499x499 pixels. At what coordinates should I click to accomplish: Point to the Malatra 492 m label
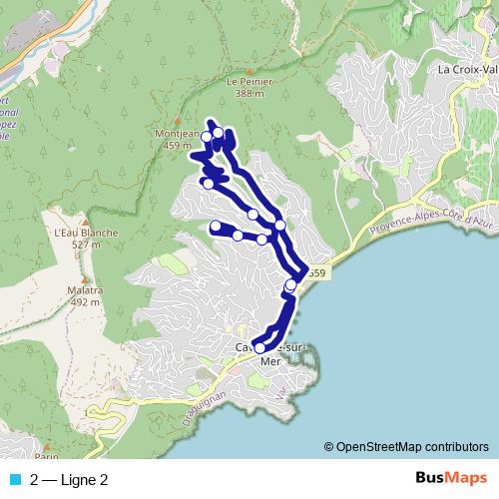click(x=85, y=295)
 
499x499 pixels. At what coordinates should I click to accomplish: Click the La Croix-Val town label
click(x=467, y=71)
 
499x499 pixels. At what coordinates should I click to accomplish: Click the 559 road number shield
click(x=315, y=271)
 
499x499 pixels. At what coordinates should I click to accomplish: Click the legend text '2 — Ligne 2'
click(x=69, y=480)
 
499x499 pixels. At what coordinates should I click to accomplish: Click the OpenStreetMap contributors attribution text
click(x=411, y=446)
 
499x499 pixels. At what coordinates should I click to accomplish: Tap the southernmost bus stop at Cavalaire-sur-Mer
click(x=259, y=347)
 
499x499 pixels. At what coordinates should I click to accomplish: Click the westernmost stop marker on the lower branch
click(x=216, y=227)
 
